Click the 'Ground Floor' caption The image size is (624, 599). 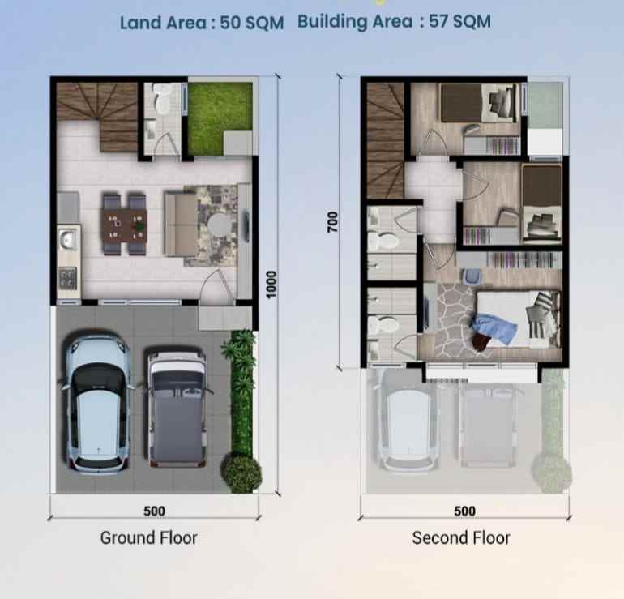pos(148,537)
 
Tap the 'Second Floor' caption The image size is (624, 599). pos(461,537)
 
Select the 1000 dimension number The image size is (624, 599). pos(271,284)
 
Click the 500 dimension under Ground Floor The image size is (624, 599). pos(154,511)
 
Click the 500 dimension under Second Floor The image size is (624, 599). pos(464,511)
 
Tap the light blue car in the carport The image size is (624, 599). pos(97,404)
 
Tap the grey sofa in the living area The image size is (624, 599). pos(178,223)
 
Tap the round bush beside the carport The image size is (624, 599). pos(241,472)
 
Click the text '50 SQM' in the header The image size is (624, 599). pos(252,23)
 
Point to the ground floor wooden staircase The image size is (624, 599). pos(97,115)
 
